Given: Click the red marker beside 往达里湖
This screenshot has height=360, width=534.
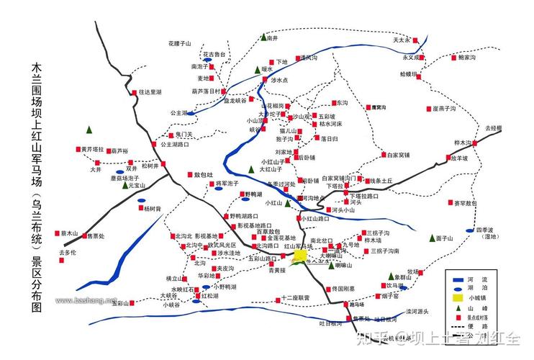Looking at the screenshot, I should (x=134, y=92).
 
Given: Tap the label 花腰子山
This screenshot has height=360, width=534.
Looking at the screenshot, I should (x=179, y=45).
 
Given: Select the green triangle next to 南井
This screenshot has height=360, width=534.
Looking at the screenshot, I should (x=264, y=37).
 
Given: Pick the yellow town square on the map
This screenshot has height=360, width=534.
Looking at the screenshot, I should (x=299, y=255).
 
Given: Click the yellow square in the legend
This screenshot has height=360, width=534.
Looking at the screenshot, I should (x=456, y=296).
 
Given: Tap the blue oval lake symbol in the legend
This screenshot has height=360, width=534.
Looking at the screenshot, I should (x=456, y=287).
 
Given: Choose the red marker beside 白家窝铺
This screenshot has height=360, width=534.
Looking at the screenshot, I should (x=382, y=155).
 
